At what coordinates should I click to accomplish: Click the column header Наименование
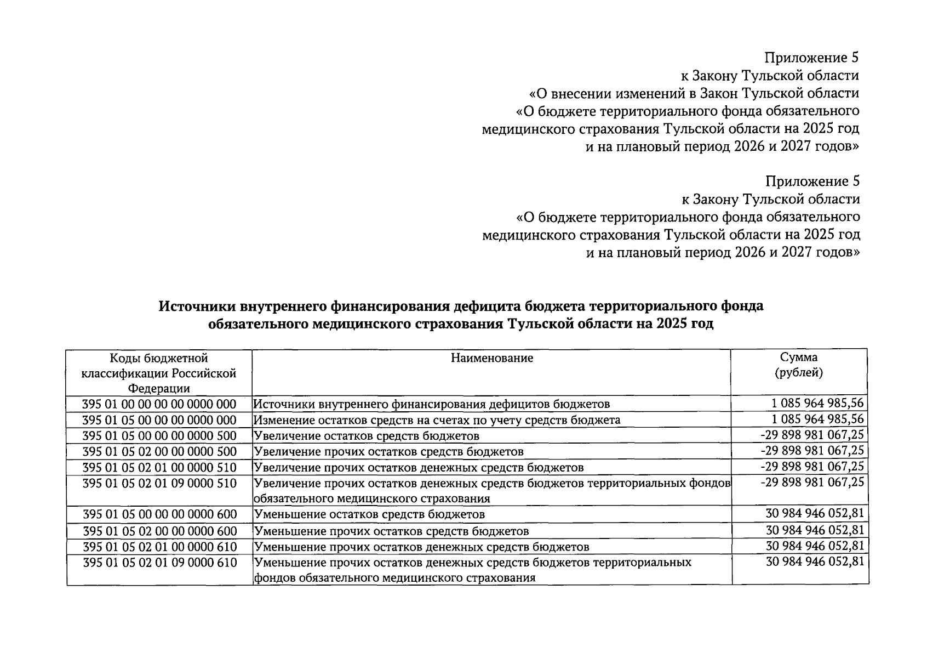[491, 358]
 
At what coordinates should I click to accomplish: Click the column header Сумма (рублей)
[799, 365]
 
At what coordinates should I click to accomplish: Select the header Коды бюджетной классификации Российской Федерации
[159, 373]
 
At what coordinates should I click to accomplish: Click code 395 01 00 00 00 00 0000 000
[159, 404]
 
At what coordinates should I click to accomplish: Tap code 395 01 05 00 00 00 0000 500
[159, 436]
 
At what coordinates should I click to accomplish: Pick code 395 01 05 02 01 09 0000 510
[159, 483]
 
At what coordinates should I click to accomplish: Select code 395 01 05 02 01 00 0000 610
[159, 547]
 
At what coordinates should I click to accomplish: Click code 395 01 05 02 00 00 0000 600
[159, 531]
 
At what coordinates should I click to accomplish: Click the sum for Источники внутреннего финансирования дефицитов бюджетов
[817, 404]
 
